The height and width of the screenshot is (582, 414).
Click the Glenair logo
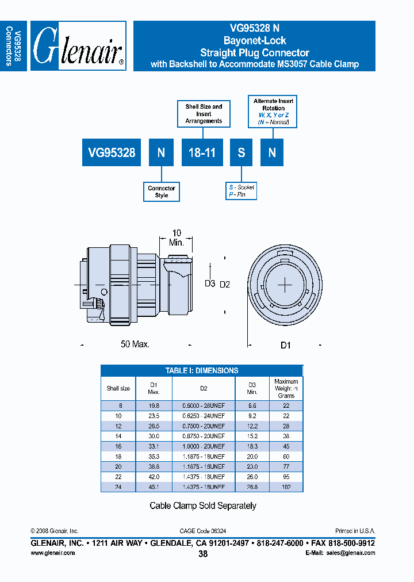tap(78, 46)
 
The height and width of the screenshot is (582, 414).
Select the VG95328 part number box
tap(112, 152)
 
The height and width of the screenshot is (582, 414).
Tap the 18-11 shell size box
tap(202, 152)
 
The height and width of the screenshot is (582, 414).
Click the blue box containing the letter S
tap(241, 152)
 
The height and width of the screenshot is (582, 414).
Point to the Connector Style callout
tap(162, 192)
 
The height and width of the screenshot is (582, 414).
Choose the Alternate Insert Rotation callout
tap(273, 112)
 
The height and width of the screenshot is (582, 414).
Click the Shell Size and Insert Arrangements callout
tap(204, 114)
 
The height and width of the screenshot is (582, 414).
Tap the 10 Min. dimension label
tap(177, 238)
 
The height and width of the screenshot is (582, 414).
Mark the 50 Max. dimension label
tap(135, 344)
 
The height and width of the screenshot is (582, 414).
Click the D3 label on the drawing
tap(210, 284)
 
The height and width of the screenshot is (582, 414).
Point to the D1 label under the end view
tap(286, 344)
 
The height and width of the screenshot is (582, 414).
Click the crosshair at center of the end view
tap(286, 285)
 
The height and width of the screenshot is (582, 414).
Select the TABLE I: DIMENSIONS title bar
tap(201, 371)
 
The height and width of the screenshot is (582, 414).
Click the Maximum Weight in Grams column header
tap(286, 388)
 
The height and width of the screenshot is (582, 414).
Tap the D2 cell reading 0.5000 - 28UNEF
tap(204, 405)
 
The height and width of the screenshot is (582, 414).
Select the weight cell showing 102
tap(286, 487)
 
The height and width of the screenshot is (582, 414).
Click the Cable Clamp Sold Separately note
tap(202, 506)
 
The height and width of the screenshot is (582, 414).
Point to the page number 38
tap(202, 554)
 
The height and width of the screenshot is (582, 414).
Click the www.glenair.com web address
tap(52, 553)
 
